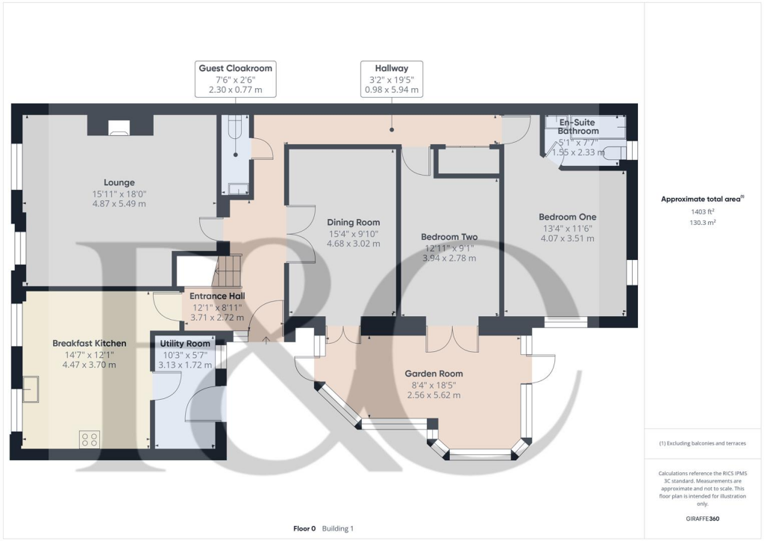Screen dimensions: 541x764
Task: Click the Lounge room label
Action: coord(119,182)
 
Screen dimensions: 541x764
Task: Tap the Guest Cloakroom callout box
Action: coord(235,79)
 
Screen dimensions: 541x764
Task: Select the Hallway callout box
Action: coord(391,79)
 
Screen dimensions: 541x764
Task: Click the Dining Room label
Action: coord(353,222)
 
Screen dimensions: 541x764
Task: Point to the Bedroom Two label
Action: coord(449,237)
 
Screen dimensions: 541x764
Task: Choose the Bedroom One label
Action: coord(567,217)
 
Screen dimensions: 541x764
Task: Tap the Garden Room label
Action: coord(433,374)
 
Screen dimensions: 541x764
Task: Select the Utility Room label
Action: coord(185,344)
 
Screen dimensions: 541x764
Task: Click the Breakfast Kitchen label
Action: coord(89,344)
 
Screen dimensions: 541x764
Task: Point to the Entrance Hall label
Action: coord(217,296)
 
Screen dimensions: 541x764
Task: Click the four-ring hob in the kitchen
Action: coord(90,439)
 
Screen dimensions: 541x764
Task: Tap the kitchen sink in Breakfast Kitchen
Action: coord(31,389)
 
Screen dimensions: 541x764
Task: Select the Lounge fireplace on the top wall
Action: coord(119,128)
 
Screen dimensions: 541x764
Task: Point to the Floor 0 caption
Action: coord(304,528)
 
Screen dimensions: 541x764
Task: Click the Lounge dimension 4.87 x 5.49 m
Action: coord(119,203)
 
